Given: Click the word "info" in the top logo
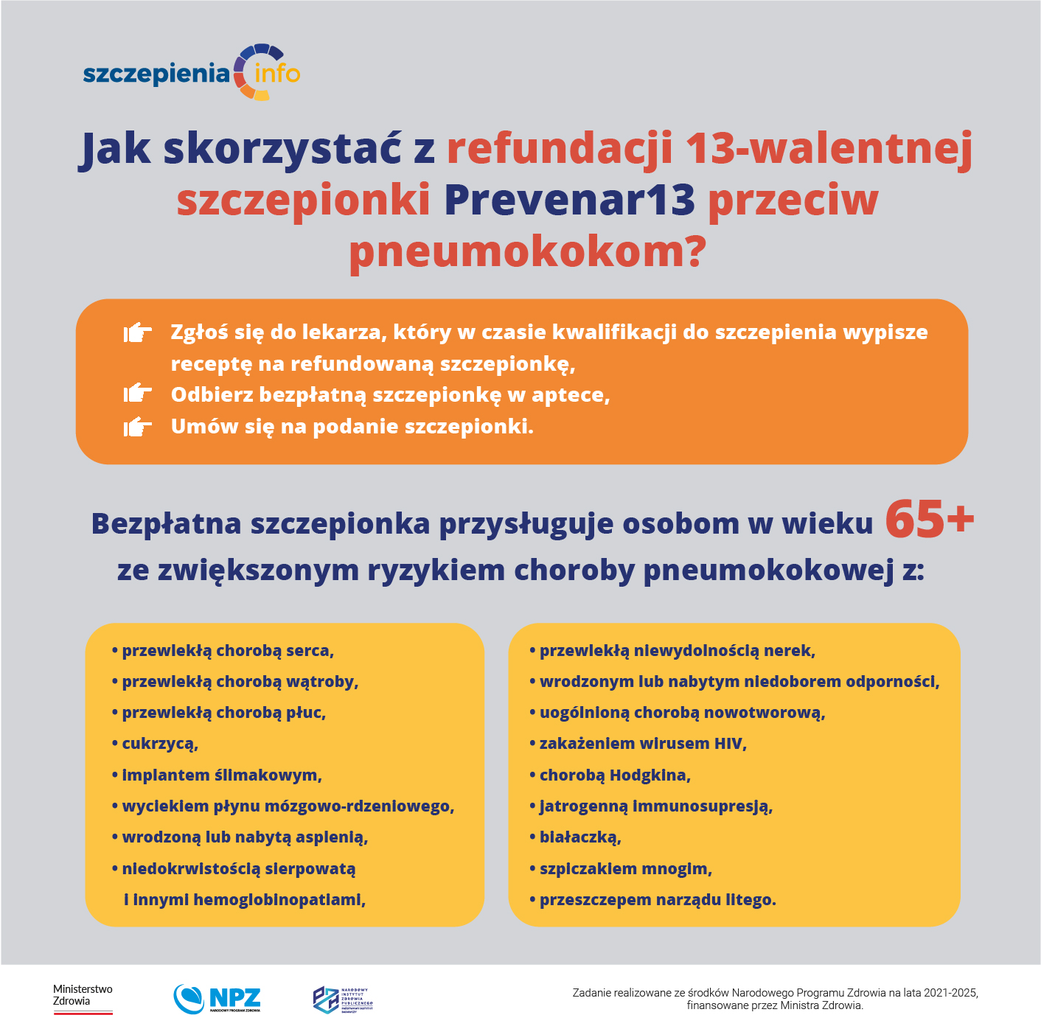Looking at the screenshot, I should [x=276, y=74].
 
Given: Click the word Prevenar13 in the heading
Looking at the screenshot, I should [x=569, y=200].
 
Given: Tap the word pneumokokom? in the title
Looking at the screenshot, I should [x=527, y=252].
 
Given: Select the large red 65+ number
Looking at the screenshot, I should [x=929, y=519].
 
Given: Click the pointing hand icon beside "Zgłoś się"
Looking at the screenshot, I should [x=137, y=333].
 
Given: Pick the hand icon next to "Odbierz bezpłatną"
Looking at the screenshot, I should [x=137, y=394].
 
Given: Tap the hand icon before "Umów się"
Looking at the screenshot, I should [x=137, y=426].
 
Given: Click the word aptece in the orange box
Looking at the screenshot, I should [x=568, y=395].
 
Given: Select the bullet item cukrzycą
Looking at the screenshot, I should [x=160, y=744].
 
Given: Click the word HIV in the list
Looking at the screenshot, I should [x=729, y=744].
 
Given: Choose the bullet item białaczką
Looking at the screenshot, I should [x=579, y=837].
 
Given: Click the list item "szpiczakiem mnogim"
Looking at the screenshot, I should [x=625, y=869].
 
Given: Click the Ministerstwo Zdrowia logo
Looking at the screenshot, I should [x=83, y=999].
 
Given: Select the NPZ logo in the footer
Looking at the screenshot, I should [x=217, y=999].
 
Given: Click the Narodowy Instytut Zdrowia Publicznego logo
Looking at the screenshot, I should [x=343, y=1000].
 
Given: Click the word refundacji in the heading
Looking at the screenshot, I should [x=560, y=148].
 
